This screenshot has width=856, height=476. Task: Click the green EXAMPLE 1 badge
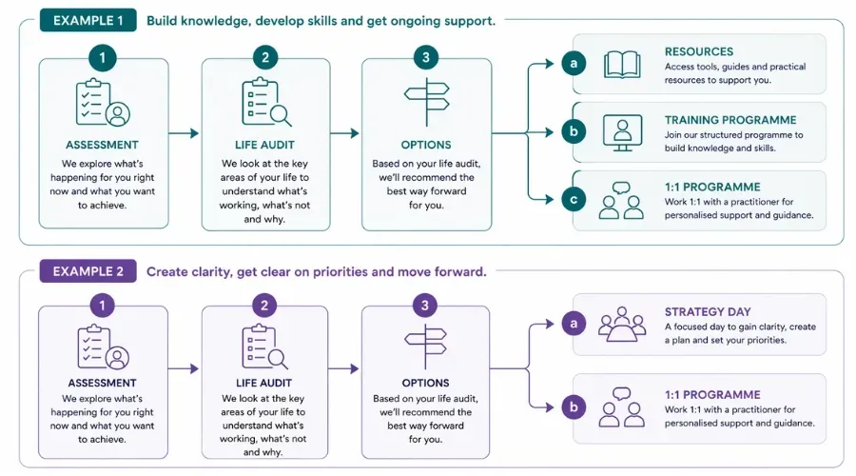tap(88, 20)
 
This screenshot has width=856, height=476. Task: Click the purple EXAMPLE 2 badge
tap(88, 271)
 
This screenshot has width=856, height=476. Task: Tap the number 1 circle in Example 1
tap(103, 58)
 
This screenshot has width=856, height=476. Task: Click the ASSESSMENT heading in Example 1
tap(103, 146)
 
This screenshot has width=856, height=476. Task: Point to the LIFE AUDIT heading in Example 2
tap(265, 383)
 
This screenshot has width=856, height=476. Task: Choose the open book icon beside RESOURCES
tap(623, 64)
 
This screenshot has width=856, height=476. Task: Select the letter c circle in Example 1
tap(573, 200)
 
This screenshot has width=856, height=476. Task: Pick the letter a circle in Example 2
tap(573, 325)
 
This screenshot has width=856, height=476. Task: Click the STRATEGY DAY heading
tap(708, 312)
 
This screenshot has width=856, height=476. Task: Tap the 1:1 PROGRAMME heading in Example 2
tap(712, 394)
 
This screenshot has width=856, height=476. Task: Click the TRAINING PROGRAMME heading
tap(730, 120)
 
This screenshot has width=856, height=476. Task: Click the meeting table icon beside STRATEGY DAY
tap(623, 325)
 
